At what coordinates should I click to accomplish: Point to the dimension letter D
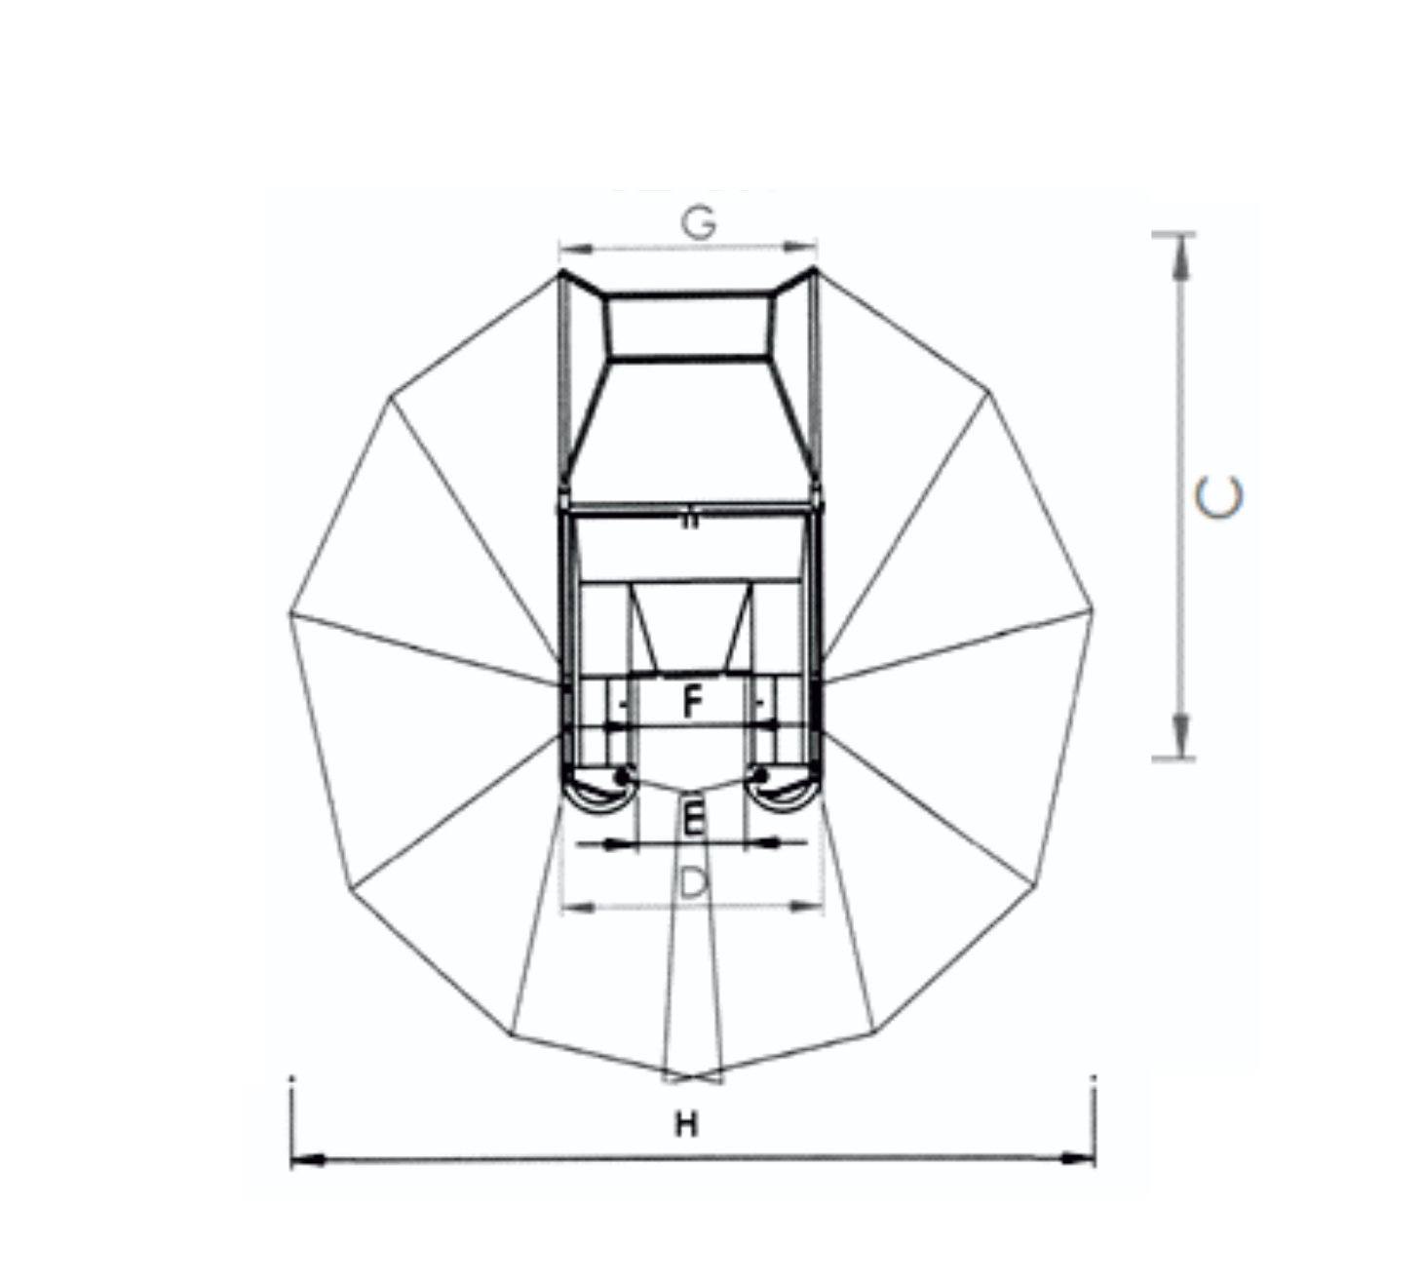[694, 883]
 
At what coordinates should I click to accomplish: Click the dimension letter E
[693, 818]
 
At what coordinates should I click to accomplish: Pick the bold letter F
[692, 702]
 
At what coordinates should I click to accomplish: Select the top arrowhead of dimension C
[1180, 256]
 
